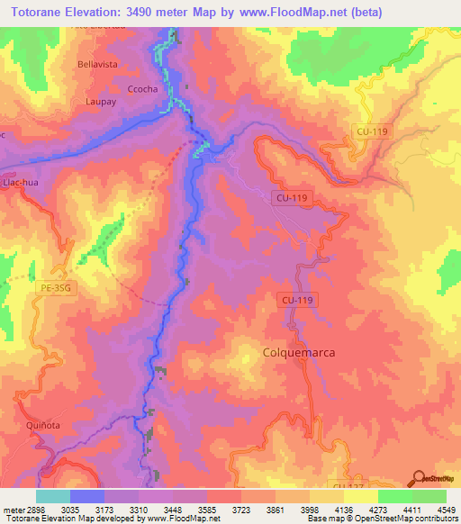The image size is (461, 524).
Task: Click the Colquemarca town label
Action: pos(298,353)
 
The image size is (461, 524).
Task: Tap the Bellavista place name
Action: pos(98,65)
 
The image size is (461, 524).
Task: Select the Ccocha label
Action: pos(142,89)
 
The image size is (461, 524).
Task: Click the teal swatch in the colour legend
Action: pos(53,496)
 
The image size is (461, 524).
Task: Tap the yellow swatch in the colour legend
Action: pos(361,496)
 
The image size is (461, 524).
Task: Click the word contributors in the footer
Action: pos(433,519)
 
